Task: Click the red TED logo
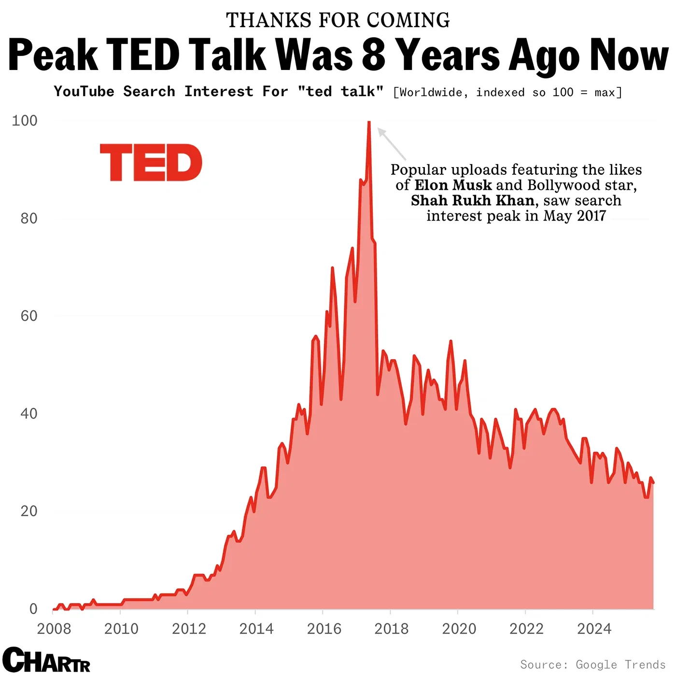(x=151, y=162)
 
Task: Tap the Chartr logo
(x=46, y=660)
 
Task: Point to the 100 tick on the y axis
(x=25, y=120)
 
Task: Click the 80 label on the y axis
(x=29, y=218)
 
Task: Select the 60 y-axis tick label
(x=29, y=316)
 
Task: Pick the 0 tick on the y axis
(x=33, y=608)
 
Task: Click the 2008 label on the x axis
(x=54, y=629)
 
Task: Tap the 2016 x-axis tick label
(x=324, y=629)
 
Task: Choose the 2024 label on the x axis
(x=594, y=629)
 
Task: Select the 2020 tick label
(x=459, y=629)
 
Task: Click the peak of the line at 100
(x=369, y=123)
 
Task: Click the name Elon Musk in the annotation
(x=453, y=185)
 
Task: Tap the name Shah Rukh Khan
(x=472, y=200)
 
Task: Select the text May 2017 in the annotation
(x=574, y=215)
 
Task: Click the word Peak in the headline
(x=53, y=55)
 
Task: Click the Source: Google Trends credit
(x=592, y=664)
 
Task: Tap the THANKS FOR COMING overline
(x=338, y=20)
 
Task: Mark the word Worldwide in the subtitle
(x=433, y=92)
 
